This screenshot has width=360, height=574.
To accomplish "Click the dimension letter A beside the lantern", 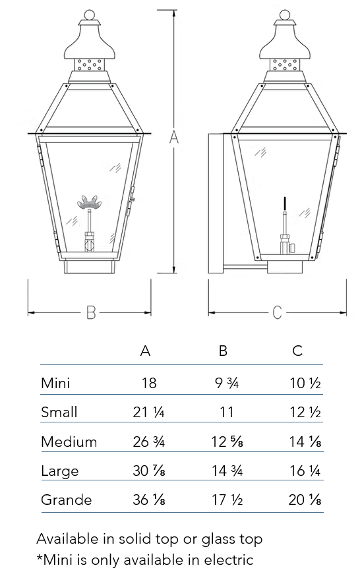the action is (x=174, y=137).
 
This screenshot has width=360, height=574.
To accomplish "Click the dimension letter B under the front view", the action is (x=91, y=312).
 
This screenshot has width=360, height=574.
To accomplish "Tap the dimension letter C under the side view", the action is (x=277, y=312).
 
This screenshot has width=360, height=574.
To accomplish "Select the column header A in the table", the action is (x=146, y=351).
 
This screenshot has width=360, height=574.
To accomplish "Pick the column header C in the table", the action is (x=297, y=351).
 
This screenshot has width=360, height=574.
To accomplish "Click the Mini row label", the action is (x=55, y=383).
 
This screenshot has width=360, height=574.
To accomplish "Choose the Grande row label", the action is (x=67, y=500).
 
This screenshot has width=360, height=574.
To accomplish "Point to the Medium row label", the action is (x=69, y=442).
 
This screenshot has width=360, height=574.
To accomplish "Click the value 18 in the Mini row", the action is (x=149, y=384).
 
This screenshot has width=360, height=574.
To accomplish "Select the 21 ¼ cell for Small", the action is (x=149, y=412).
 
